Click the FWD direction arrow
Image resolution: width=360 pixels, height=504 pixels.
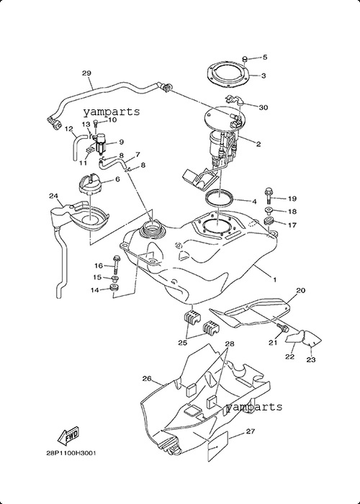tap(68, 436)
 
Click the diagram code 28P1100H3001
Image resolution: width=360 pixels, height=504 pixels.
tap(71, 453)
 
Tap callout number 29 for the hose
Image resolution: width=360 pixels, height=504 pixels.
tap(86, 73)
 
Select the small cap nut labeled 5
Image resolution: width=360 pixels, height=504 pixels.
tap(245, 59)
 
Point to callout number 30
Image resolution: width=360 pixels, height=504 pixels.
tap(264, 107)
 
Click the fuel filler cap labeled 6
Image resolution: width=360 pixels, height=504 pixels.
tap(90, 184)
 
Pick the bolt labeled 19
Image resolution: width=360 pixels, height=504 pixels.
tap(269, 196)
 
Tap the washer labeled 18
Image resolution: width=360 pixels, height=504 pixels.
tap(269, 211)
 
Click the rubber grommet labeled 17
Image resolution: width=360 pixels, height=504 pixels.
tap(269, 222)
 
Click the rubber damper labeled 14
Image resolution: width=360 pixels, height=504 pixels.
tap(114, 288)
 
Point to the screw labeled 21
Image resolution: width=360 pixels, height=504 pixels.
tap(284, 328)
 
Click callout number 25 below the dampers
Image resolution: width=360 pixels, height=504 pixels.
tap(183, 343)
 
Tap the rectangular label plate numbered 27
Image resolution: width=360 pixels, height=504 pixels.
tap(218, 447)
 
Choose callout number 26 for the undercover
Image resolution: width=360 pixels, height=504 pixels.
tap(147, 379)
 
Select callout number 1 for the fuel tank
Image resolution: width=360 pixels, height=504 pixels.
tap(274, 280)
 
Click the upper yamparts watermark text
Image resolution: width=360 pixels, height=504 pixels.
tap(112, 112)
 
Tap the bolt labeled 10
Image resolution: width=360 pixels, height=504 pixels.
tap(95, 126)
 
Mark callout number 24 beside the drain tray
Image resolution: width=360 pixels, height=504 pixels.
tap(53, 196)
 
